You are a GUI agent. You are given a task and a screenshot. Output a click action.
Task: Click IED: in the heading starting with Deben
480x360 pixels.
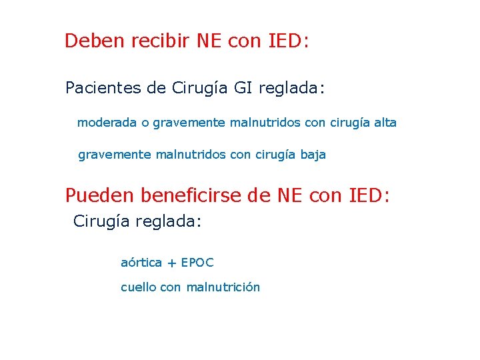pyautogui.click(x=288, y=41)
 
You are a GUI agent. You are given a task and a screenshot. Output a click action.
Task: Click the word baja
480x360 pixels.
pyautogui.click(x=313, y=155)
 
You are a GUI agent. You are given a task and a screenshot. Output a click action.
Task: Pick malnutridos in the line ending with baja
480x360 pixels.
pyautogui.click(x=191, y=155)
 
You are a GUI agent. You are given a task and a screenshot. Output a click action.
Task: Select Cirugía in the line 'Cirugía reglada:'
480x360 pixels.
pyautogui.click(x=103, y=221)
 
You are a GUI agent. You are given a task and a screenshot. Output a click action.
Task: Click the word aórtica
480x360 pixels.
pyautogui.click(x=141, y=263)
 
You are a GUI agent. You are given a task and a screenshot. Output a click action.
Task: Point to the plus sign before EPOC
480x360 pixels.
pyautogui.click(x=171, y=263)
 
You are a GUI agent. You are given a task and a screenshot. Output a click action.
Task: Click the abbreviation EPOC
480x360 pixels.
pyautogui.click(x=197, y=263)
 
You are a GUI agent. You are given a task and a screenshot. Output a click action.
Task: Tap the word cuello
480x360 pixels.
pyautogui.click(x=139, y=287)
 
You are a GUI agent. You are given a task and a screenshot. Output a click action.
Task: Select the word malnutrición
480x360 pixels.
pyautogui.click(x=223, y=287)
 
